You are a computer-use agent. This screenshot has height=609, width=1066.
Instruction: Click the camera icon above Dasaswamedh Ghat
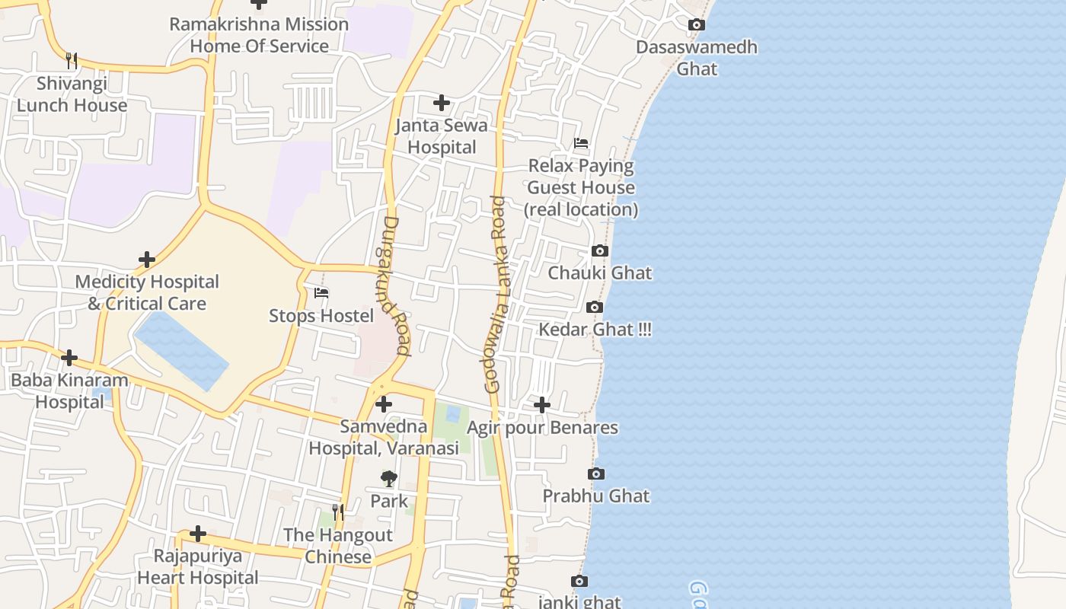click(x=696, y=25)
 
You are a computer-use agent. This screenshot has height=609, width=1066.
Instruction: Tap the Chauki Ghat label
click(x=600, y=273)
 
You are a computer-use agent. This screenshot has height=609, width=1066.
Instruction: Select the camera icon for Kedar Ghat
click(x=595, y=308)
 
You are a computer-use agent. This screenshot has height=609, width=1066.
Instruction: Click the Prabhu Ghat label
click(x=595, y=496)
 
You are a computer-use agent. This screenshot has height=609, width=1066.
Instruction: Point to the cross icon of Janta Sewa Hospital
click(x=441, y=103)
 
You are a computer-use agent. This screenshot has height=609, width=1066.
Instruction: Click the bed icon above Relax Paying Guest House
click(x=581, y=143)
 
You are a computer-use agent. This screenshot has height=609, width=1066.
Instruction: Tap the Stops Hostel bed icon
click(x=321, y=293)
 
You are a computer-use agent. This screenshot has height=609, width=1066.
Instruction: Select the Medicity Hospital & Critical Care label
click(x=147, y=292)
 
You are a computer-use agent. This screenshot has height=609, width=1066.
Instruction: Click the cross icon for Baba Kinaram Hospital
click(x=69, y=358)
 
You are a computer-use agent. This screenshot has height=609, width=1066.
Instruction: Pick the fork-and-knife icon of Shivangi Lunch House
click(x=72, y=60)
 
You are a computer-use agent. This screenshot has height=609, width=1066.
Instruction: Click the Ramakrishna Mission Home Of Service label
click(x=259, y=35)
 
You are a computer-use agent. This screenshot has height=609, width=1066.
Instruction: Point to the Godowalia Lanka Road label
click(x=496, y=295)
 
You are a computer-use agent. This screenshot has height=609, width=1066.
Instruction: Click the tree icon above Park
click(x=389, y=479)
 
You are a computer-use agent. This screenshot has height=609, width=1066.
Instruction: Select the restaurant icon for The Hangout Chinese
click(x=338, y=512)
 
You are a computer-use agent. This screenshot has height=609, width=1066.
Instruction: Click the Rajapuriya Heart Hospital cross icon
click(x=198, y=534)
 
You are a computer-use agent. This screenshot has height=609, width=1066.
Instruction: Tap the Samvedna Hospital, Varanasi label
click(x=384, y=438)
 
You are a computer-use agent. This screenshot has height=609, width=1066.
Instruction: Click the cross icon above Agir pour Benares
click(x=541, y=405)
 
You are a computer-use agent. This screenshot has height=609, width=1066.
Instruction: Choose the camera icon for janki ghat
click(x=579, y=582)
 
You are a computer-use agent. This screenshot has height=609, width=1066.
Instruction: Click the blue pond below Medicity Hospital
click(x=181, y=350)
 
